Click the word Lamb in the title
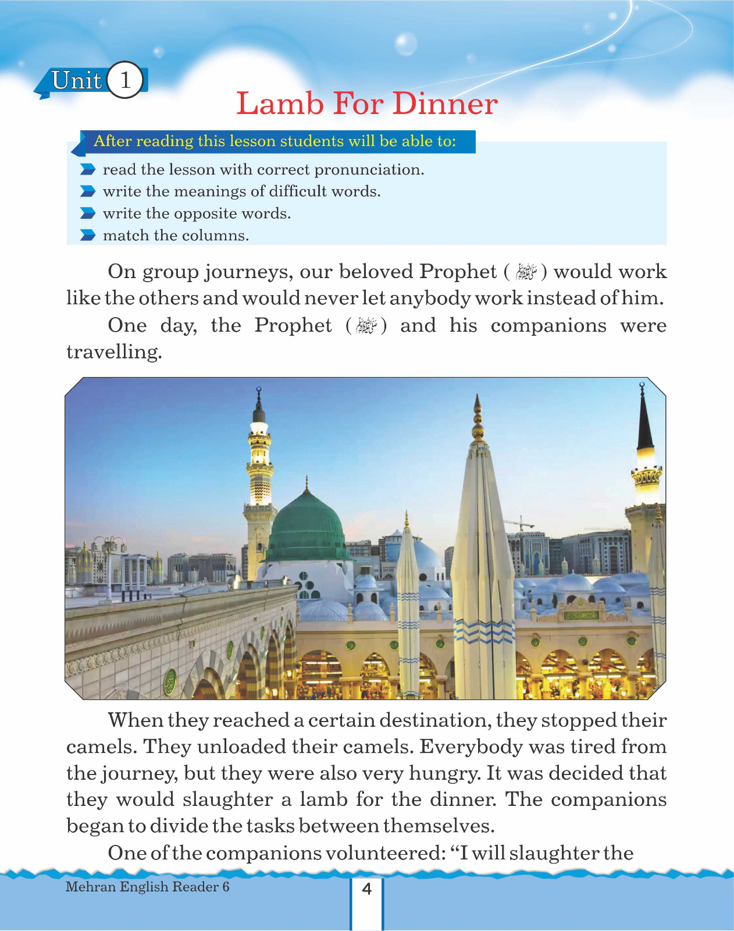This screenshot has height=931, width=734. (x=280, y=104)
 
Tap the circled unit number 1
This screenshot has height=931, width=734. (x=125, y=80)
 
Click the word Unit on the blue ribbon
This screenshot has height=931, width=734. (x=76, y=80)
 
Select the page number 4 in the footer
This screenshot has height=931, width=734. (x=366, y=889)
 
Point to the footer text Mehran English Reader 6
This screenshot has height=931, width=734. (x=147, y=887)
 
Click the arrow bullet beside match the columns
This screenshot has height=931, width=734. (x=87, y=236)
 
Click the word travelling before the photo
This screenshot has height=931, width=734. (x=113, y=352)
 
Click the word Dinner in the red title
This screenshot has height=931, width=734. (x=445, y=104)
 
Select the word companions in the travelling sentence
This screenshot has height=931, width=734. (x=548, y=325)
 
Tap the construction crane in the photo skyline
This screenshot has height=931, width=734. (x=519, y=522)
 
